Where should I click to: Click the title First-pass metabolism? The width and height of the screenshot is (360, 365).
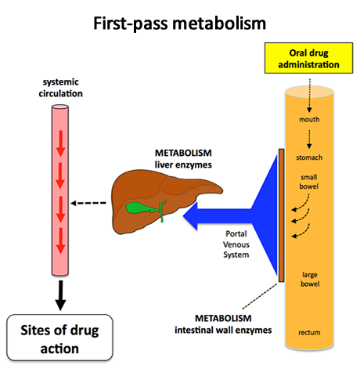pyautogui.click(x=180, y=23)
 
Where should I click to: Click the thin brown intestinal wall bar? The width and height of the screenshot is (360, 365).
pyautogui.click(x=280, y=215)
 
